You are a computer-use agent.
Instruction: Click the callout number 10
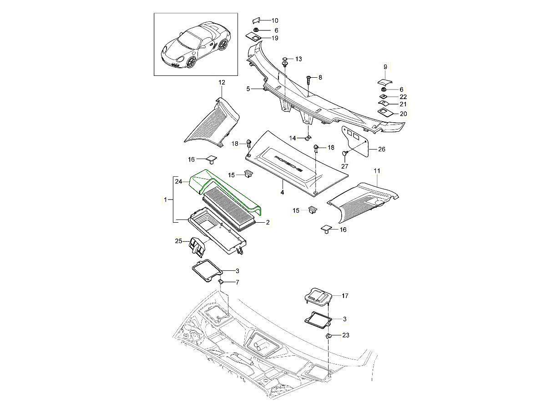click(x=275, y=21)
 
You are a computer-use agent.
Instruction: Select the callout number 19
click(x=275, y=38)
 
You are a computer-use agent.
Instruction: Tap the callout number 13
click(x=298, y=60)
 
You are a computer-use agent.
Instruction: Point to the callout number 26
click(x=381, y=149)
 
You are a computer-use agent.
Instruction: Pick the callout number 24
click(x=178, y=182)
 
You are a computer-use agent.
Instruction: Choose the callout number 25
click(x=179, y=241)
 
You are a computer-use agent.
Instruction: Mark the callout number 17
click(x=344, y=296)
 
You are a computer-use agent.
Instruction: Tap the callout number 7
click(x=236, y=283)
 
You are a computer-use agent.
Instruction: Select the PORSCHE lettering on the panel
click(x=288, y=163)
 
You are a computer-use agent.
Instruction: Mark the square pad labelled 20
click(x=385, y=112)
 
